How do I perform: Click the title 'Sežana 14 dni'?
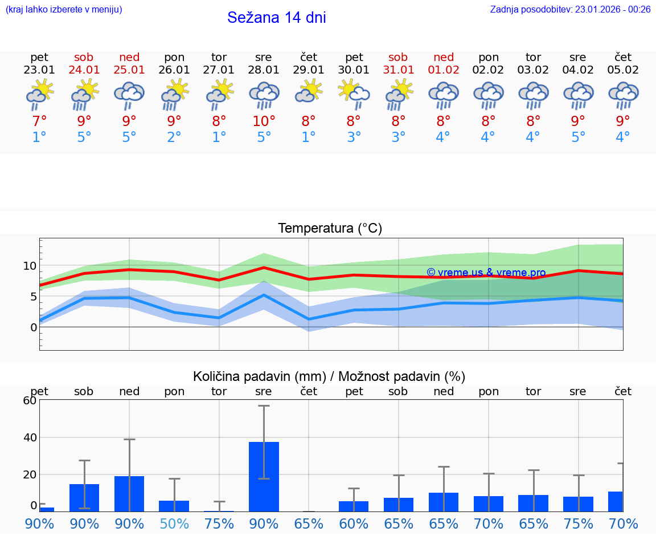(276, 18)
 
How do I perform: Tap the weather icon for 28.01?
(264, 95)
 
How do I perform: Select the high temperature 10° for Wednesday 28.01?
(264, 121)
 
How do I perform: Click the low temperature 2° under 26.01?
(174, 137)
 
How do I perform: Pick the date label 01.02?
(444, 70)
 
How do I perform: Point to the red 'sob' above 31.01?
(398, 57)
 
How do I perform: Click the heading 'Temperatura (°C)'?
(330, 229)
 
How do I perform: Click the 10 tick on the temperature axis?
(30, 266)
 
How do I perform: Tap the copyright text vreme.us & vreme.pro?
(486, 273)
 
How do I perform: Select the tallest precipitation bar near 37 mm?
(264, 476)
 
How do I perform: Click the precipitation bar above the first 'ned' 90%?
(129, 493)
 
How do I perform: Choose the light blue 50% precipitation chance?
(174, 523)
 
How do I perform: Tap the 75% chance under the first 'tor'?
(219, 523)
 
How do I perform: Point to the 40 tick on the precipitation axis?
(30, 437)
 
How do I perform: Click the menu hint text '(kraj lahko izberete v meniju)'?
(64, 9)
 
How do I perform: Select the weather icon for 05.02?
(623, 95)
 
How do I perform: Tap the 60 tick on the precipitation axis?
(30, 400)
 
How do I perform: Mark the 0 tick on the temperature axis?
(34, 327)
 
